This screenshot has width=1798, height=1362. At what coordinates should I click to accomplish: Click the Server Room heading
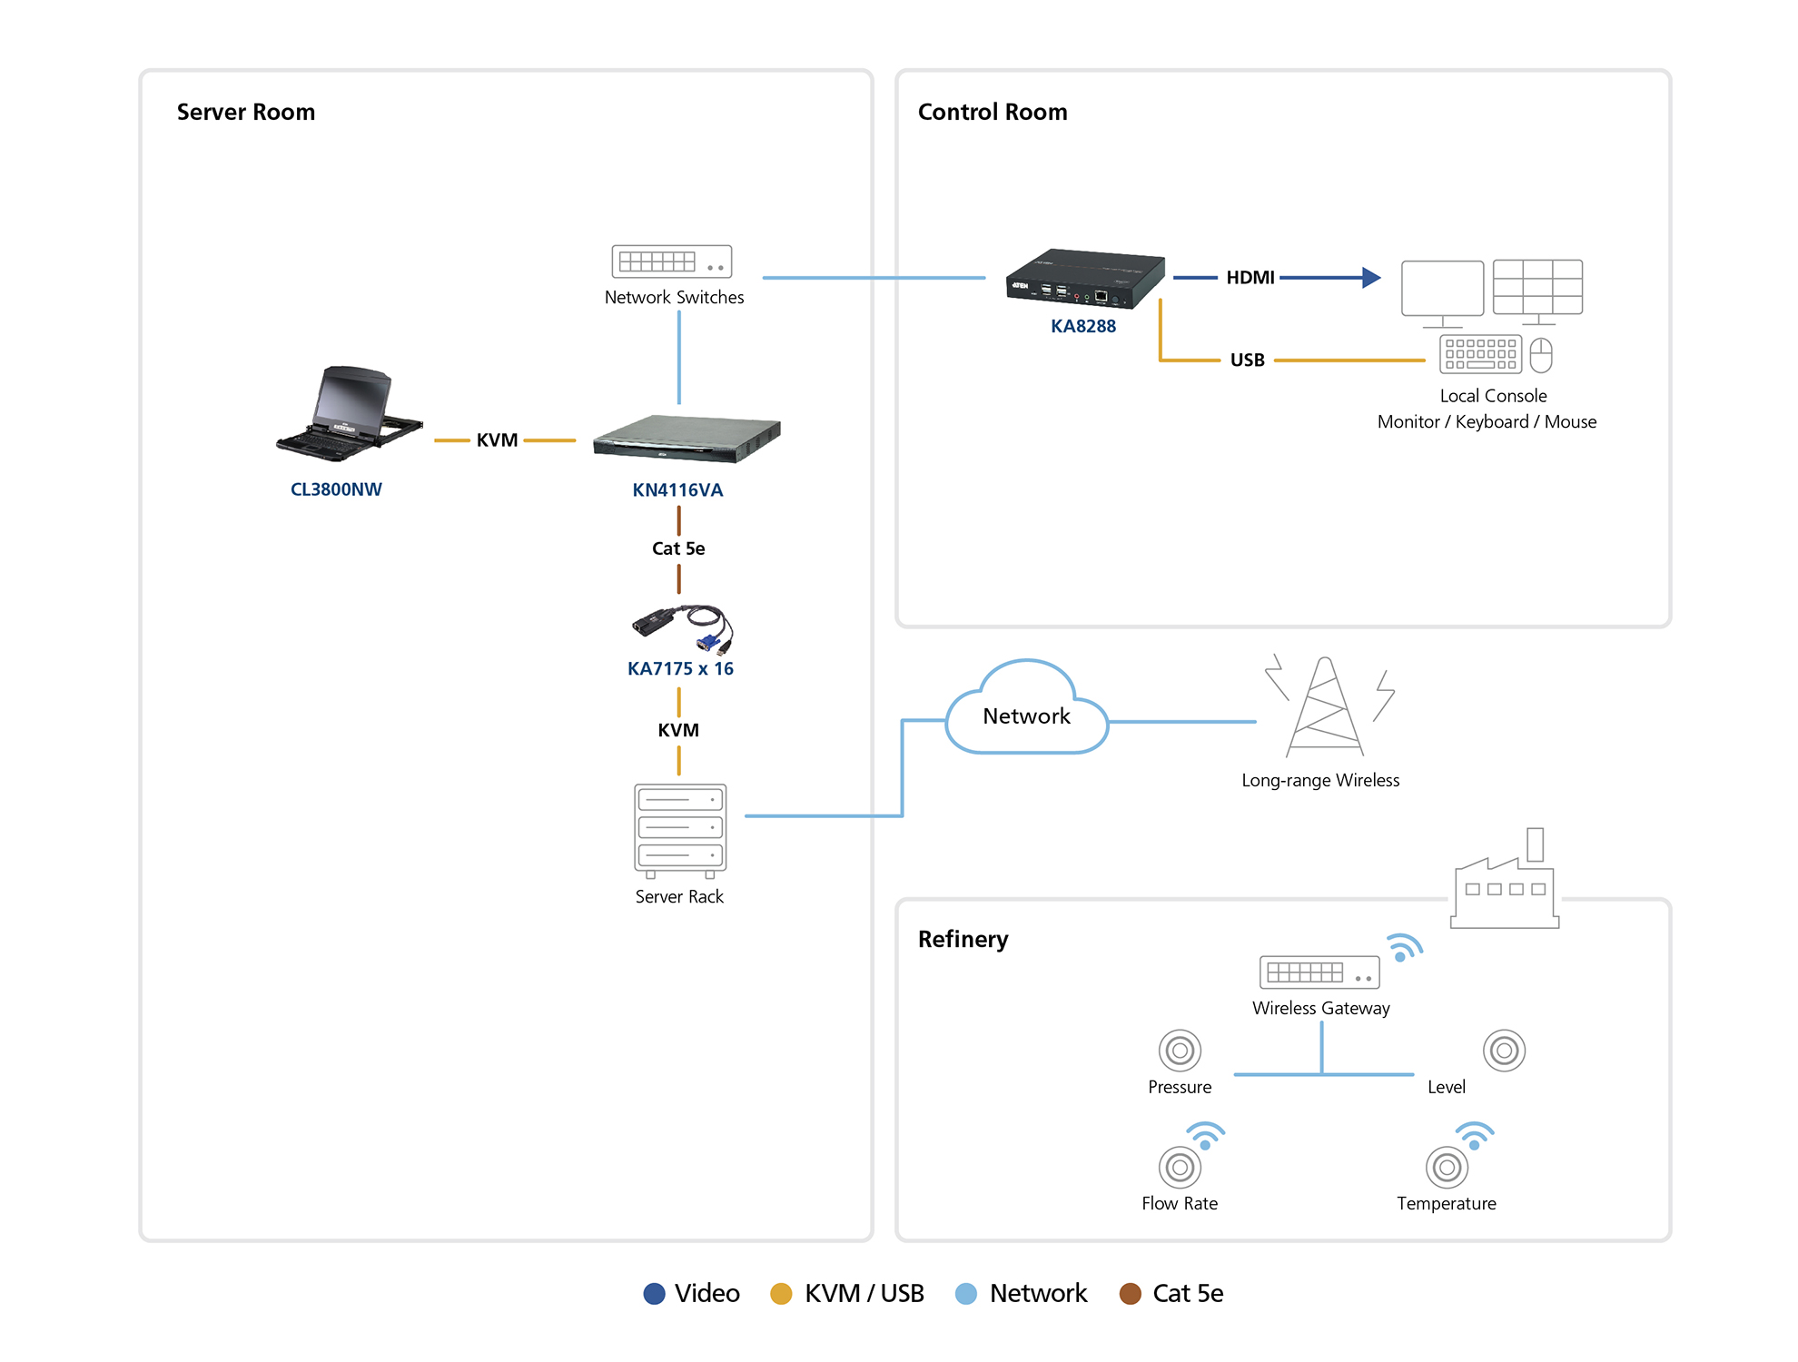coord(245,112)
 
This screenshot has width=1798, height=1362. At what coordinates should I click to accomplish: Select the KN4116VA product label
coord(677,490)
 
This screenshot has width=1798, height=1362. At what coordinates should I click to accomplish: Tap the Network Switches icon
coord(671,262)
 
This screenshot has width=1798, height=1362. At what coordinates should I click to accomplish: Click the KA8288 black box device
coord(1084,278)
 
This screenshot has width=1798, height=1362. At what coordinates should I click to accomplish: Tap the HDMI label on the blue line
coord(1250,278)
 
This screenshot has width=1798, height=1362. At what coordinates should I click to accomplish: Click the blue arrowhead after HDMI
coord(1371,278)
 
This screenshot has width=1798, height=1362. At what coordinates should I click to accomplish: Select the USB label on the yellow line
coord(1247,360)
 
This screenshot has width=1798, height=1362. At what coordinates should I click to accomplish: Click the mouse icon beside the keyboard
coord(1541,355)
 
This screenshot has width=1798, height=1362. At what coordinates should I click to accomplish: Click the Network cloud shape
coord(1026,713)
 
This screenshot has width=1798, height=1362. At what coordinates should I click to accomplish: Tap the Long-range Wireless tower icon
coord(1326,708)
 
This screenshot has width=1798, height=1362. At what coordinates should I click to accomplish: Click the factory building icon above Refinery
coord(1505,885)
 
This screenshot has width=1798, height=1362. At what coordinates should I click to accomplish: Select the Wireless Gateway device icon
coord(1319,972)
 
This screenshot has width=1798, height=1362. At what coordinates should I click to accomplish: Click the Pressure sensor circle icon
coord(1180,1051)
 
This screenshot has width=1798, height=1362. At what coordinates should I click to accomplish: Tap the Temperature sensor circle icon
coord(1447,1168)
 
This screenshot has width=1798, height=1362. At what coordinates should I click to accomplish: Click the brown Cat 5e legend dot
coord(1130,1294)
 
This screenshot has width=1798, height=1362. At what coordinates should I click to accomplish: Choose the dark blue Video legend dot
coord(654,1294)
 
